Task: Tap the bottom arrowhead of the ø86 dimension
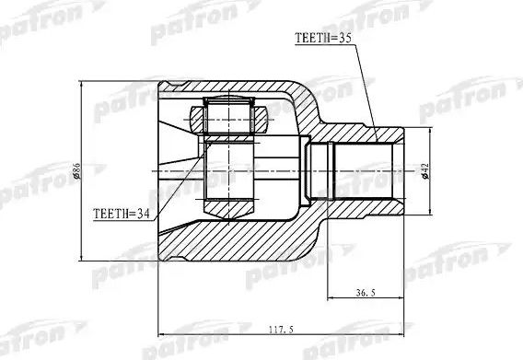84,259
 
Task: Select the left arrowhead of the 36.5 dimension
324,300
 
